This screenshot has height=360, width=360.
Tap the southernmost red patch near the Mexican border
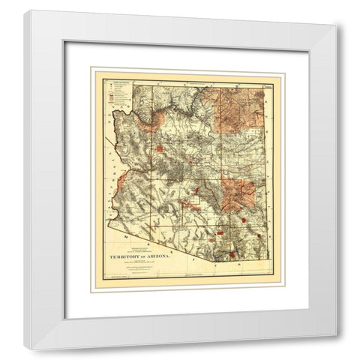click(232, 254)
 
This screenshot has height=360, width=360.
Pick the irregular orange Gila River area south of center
click(199, 200)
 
